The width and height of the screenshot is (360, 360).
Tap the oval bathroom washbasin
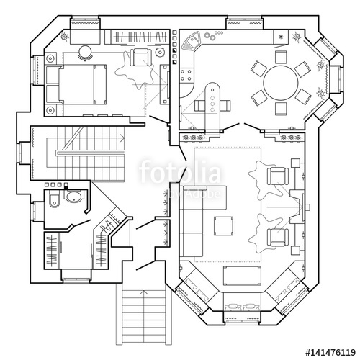[x=72, y=197]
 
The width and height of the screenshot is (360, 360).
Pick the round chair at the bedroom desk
[x=86, y=50]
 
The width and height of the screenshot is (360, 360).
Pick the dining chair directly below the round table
[x=280, y=109]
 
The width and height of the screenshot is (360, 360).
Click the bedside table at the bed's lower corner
[x=51, y=109]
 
